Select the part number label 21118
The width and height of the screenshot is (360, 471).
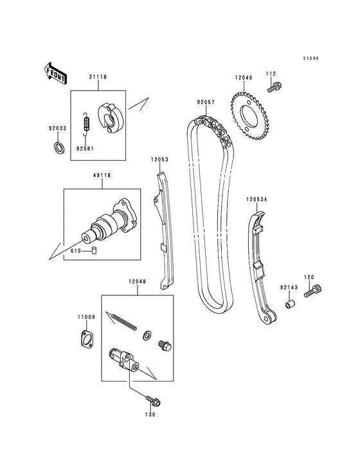click(98, 77)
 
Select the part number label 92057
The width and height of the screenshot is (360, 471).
click(205, 102)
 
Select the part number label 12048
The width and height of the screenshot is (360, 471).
click(136, 282)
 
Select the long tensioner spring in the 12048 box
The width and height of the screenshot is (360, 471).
click(123, 320)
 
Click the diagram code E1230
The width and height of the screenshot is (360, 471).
click(312, 58)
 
